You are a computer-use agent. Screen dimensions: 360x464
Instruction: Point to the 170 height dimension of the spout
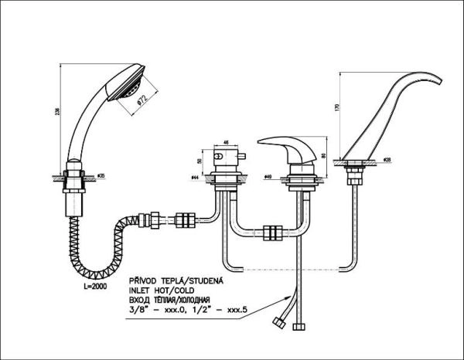click(334, 110)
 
